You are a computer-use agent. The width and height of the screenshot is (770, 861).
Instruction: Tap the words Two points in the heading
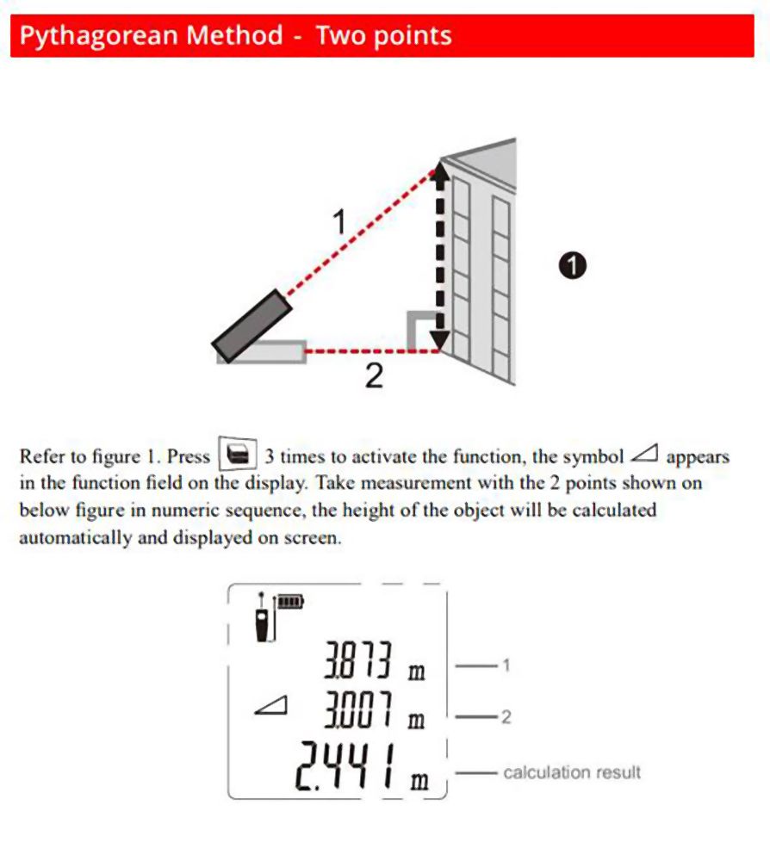(383, 36)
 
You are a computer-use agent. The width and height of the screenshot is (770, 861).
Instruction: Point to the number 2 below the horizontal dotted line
(373, 376)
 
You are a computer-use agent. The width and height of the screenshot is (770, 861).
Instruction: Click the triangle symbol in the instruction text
(644, 454)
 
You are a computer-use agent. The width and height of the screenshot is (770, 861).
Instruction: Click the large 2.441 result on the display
(350, 769)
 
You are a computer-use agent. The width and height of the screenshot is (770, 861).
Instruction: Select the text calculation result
(572, 772)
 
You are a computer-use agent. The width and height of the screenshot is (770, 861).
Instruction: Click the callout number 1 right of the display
(506, 665)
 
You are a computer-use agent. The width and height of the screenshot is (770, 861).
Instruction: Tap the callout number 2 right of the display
(506, 715)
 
